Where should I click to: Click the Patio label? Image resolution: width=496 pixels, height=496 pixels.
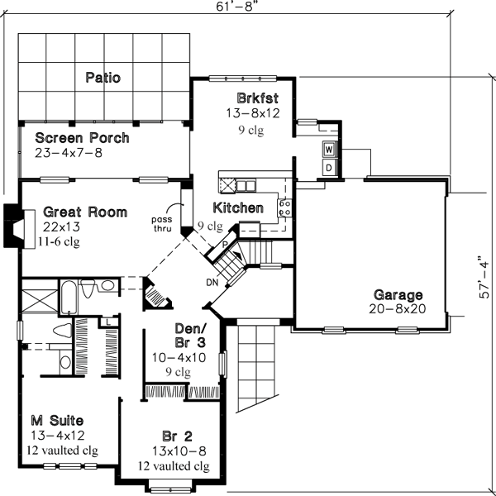coord(103,79)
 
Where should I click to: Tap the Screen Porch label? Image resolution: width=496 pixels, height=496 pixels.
coord(82,138)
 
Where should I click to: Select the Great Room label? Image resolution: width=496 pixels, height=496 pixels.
coord(85,212)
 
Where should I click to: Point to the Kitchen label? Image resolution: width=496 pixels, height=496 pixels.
coord(238,207)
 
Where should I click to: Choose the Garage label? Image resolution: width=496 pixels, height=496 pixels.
coord(398,295)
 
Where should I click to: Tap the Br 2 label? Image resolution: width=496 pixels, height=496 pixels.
coord(177,436)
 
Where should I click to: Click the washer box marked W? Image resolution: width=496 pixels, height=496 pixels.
coord(328,150)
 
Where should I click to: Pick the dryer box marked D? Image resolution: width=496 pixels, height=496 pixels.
coord(328,167)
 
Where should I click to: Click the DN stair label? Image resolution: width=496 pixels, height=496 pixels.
coord(212,283)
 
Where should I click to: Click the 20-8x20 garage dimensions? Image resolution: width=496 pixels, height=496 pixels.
coord(398,308)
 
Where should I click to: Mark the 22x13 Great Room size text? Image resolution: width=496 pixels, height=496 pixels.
coord(62,227)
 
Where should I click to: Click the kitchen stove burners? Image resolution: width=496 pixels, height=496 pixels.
coord(284,207)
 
